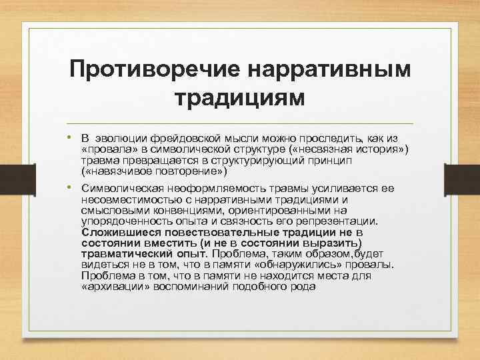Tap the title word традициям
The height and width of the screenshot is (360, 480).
(240, 98)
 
